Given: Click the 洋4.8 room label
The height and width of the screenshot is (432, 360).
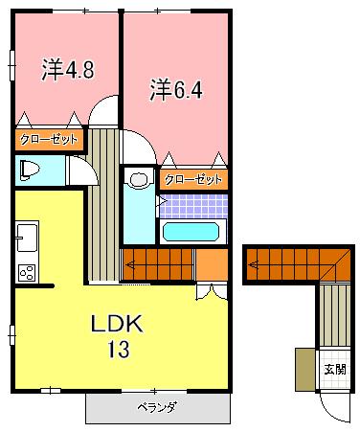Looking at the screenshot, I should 67,69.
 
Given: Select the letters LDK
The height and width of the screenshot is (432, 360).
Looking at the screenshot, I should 117,325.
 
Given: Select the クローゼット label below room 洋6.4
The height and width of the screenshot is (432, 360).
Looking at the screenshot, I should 193,179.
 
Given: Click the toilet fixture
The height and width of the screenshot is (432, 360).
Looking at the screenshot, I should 29,171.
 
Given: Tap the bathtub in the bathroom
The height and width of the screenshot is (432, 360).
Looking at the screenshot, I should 192,232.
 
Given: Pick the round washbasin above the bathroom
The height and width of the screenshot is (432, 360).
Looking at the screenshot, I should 139,179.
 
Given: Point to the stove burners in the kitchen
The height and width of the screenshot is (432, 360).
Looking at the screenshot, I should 26,271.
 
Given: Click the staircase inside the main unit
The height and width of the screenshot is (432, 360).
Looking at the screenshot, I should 157,261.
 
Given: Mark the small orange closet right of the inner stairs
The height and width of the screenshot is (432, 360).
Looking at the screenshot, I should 211,261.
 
